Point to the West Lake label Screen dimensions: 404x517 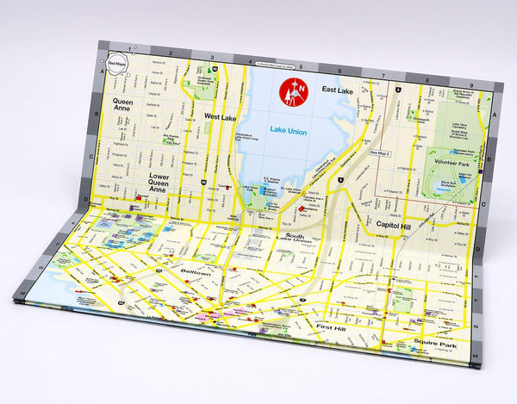click(221, 115)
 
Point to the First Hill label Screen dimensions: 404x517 click(332, 328)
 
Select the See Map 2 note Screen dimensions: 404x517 click(380, 152)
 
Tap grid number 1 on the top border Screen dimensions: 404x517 click(131, 50)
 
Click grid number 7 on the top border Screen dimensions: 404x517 click(382, 74)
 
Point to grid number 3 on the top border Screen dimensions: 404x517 click(212, 58)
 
